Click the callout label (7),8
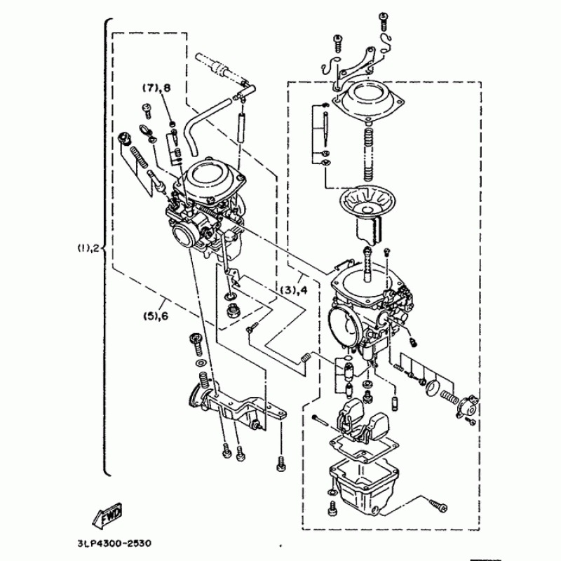156,88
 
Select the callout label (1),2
89,248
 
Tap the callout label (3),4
294,290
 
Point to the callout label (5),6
156,316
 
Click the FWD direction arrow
107,516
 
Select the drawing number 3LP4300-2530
114,543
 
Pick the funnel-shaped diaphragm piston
365,214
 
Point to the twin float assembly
361,421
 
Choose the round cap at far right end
466,406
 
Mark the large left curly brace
107,248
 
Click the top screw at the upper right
384,22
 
